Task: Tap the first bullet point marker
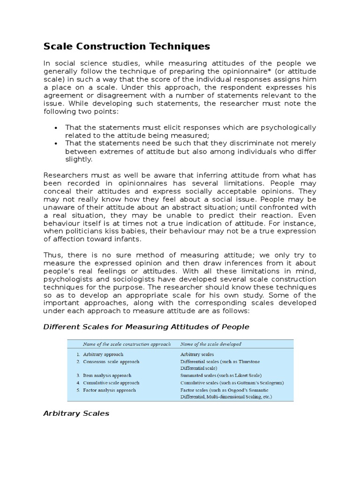(x=56, y=128)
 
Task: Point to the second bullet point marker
(x=56, y=144)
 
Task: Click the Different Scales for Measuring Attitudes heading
(x=146, y=327)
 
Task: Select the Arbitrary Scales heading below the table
(x=76, y=413)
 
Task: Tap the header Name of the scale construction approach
(x=127, y=344)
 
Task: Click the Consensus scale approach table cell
(x=111, y=362)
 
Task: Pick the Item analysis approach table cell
(x=107, y=376)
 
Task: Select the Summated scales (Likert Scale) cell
(x=221, y=376)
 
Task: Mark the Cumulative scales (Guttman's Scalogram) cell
(x=232, y=383)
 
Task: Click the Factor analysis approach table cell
(x=109, y=390)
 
